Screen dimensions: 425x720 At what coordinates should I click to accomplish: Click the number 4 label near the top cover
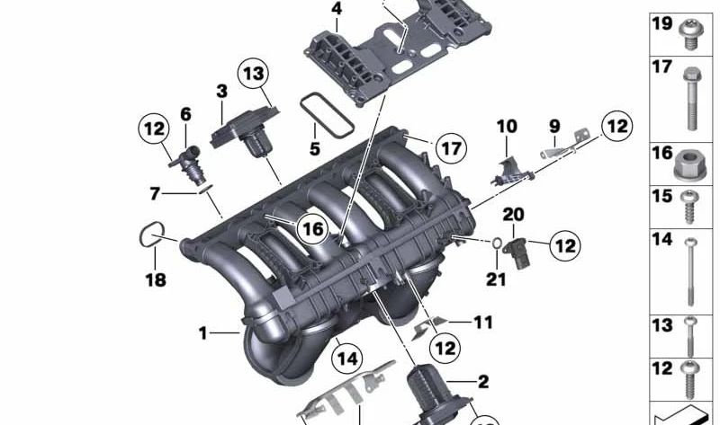pyautogui.click(x=336, y=10)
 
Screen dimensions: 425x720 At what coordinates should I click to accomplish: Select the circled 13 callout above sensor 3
pyautogui.click(x=254, y=74)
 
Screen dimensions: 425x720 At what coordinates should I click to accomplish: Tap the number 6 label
pyautogui.click(x=185, y=114)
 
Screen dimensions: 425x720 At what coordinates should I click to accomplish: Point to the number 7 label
pyautogui.click(x=155, y=193)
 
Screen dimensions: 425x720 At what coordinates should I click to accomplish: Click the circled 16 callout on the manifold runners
pyautogui.click(x=311, y=229)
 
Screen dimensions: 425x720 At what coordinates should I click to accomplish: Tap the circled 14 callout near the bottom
pyautogui.click(x=346, y=359)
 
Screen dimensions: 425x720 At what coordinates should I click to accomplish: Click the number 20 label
pyautogui.click(x=512, y=214)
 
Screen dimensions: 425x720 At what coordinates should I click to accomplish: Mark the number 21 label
pyautogui.click(x=497, y=279)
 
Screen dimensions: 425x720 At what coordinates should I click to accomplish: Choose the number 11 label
pyautogui.click(x=483, y=322)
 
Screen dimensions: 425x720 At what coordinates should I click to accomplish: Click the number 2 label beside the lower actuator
pyautogui.click(x=482, y=382)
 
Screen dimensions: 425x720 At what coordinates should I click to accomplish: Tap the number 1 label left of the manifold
pyautogui.click(x=204, y=334)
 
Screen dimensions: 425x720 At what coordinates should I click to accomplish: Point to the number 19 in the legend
pyautogui.click(x=661, y=24)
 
